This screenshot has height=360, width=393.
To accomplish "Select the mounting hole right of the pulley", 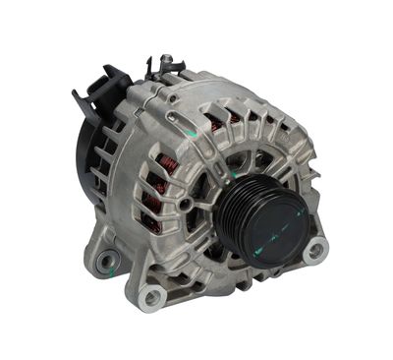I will [x=316, y=250].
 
